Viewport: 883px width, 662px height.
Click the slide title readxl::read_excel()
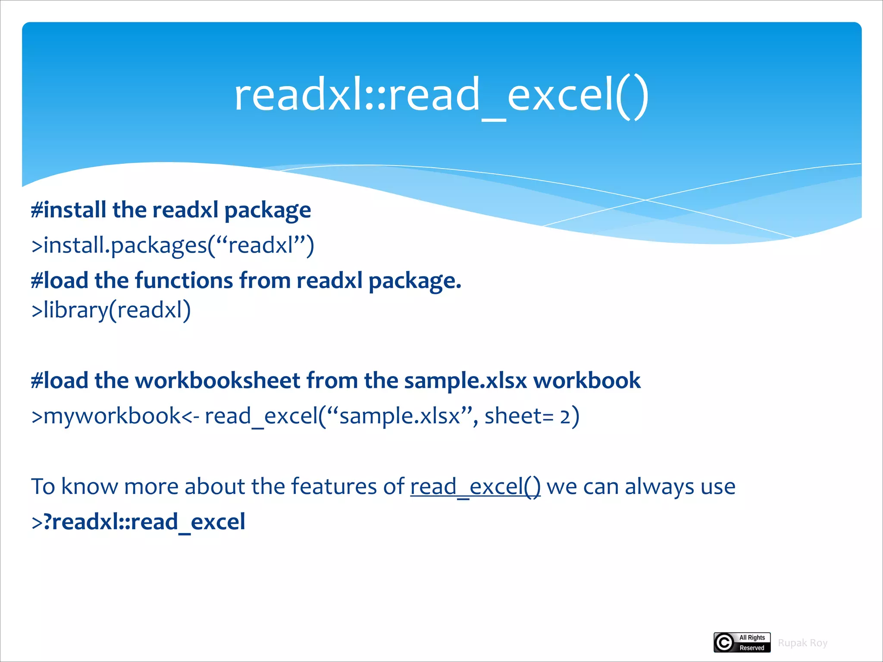[441, 95]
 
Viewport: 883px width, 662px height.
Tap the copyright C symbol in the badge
[724, 643]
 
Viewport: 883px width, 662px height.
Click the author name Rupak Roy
[802, 643]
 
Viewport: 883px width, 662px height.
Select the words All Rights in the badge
[752, 637]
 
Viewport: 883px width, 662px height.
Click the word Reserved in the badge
[751, 648]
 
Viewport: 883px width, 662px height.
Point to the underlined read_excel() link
[475, 487]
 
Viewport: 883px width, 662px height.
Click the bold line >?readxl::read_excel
[138, 522]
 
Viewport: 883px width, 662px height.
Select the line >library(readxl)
[111, 310]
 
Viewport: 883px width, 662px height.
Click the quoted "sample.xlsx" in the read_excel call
[399, 416]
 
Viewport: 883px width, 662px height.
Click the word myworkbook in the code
[112, 416]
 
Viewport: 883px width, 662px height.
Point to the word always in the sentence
[659, 487]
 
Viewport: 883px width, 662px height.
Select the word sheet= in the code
[519, 416]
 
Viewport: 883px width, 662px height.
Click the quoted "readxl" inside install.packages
[260, 245]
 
